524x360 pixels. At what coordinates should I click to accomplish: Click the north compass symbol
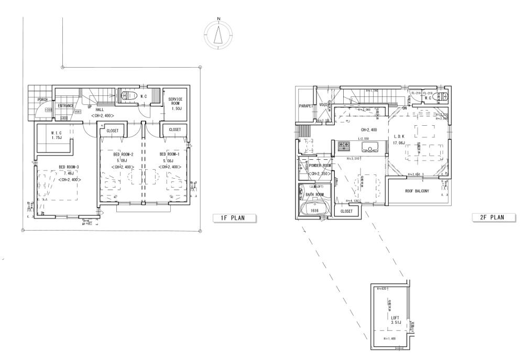click(219, 35)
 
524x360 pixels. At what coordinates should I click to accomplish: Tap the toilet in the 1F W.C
click(128, 96)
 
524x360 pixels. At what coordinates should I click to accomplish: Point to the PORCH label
click(43, 100)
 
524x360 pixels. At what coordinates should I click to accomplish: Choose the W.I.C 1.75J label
click(58, 136)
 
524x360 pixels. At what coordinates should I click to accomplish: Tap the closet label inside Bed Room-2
click(112, 130)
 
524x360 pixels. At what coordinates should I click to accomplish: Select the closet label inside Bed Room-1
click(174, 129)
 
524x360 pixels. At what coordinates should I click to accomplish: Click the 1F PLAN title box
click(235, 217)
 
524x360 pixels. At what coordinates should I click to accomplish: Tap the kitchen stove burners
click(344, 144)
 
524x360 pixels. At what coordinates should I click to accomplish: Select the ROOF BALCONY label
click(417, 191)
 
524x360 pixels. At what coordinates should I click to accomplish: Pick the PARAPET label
click(306, 105)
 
